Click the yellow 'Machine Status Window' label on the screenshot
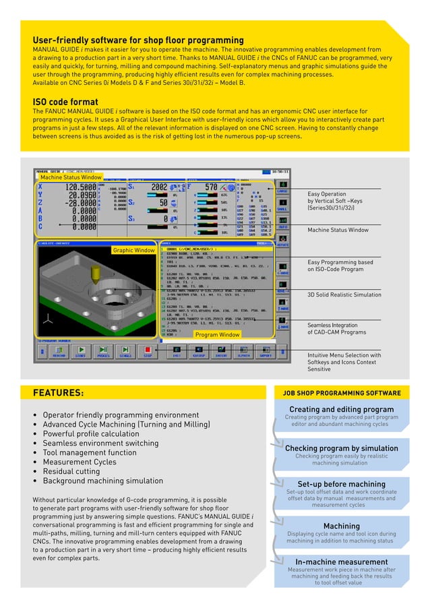(x=70, y=177)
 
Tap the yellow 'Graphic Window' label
(x=134, y=250)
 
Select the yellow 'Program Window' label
(x=217, y=334)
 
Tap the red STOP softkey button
(x=147, y=351)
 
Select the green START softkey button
(x=80, y=351)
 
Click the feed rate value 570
(x=210, y=187)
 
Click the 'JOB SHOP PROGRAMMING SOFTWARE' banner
(x=341, y=393)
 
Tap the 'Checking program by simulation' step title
(x=341, y=448)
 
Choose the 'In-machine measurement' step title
(x=341, y=562)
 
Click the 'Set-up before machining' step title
(x=341, y=484)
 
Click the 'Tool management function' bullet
(x=90, y=453)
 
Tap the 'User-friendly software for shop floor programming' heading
(x=138, y=40)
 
